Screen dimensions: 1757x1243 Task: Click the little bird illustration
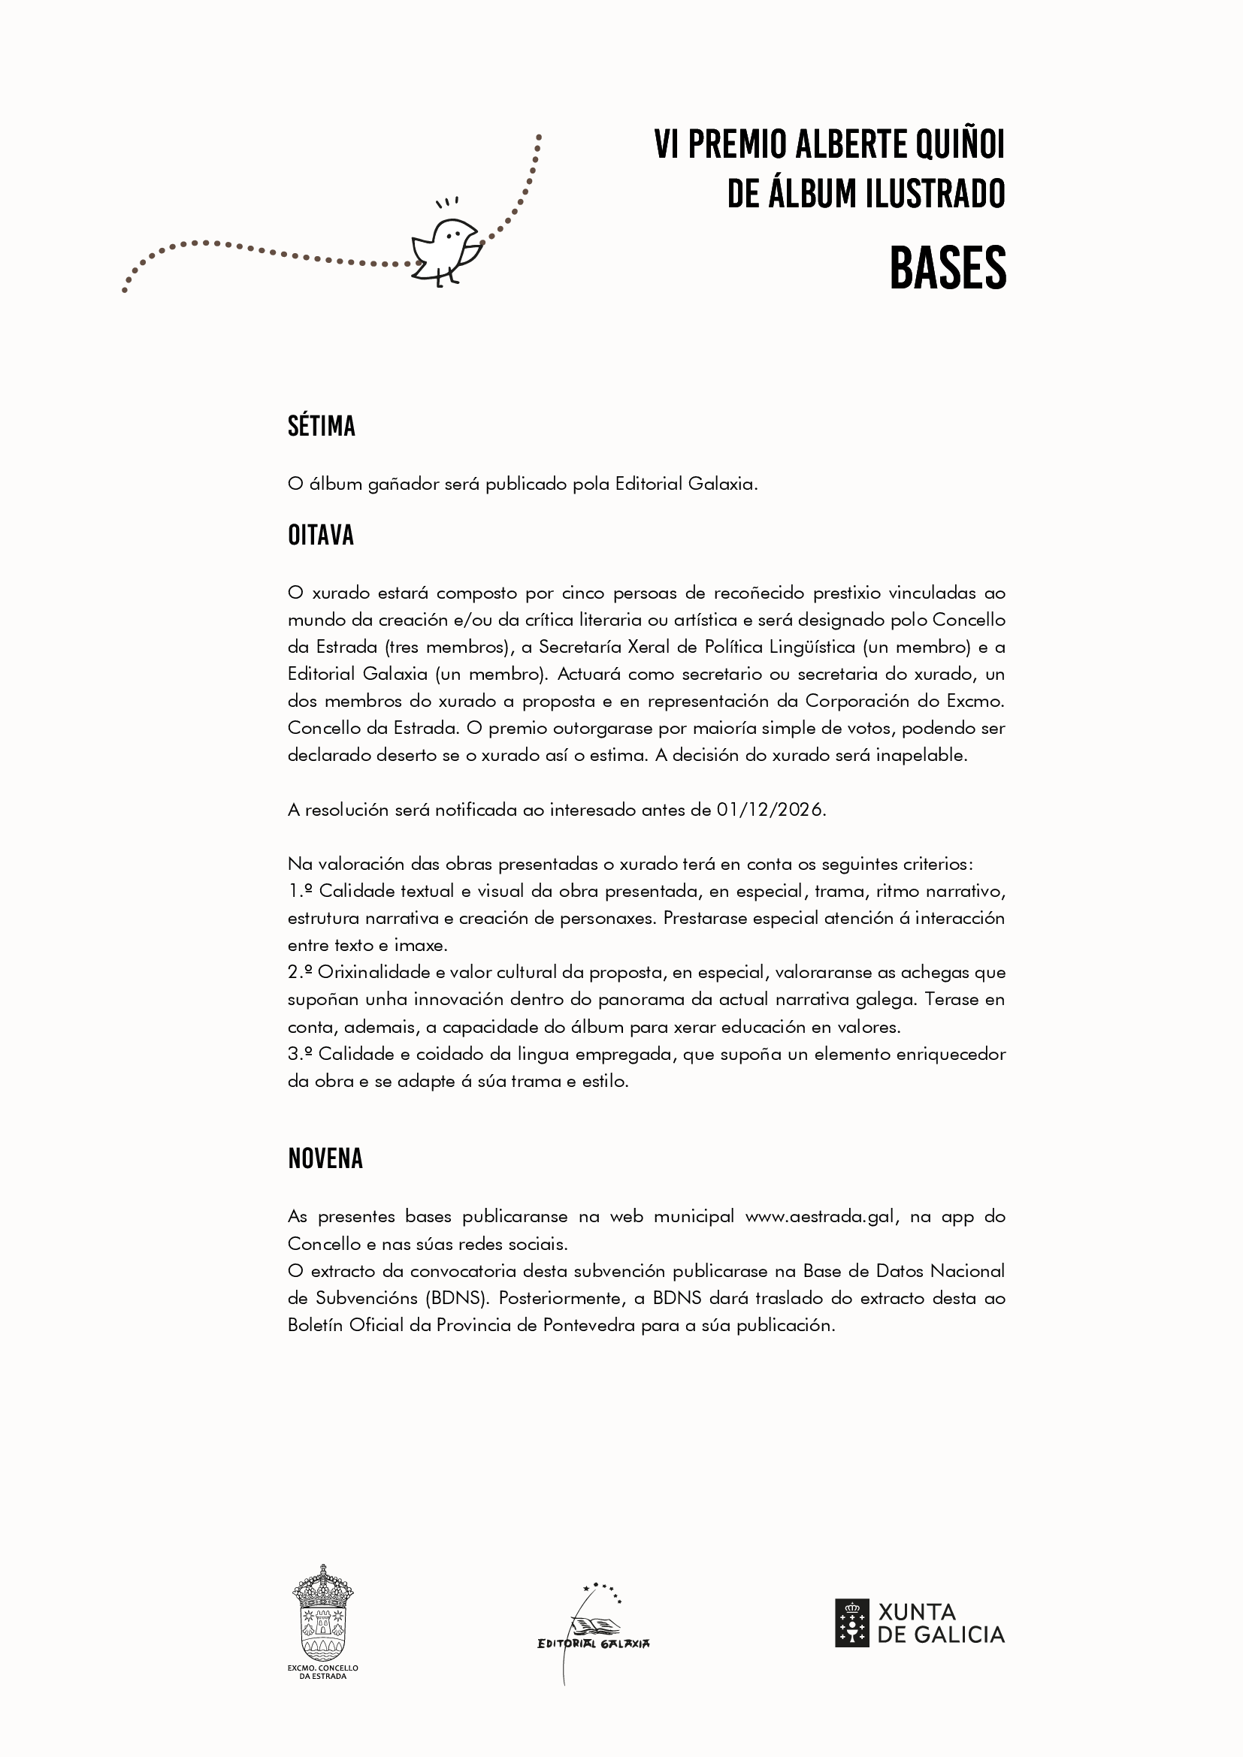(x=446, y=250)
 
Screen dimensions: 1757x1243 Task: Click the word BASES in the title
(x=948, y=269)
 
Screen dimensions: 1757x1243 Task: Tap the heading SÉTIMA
(x=322, y=426)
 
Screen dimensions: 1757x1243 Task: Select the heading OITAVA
(x=321, y=536)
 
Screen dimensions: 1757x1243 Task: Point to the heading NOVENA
(x=325, y=1158)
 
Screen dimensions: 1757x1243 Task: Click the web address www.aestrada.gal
(x=820, y=1217)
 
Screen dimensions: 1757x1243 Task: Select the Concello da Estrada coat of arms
(x=322, y=1611)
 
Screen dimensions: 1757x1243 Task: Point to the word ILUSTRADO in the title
(x=941, y=194)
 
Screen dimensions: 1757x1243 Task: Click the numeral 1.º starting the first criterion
(x=300, y=892)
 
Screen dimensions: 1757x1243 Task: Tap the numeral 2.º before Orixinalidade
(x=300, y=973)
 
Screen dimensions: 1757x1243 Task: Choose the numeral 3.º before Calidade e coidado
(x=300, y=1055)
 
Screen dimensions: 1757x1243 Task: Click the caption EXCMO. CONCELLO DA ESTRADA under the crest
(x=322, y=1672)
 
